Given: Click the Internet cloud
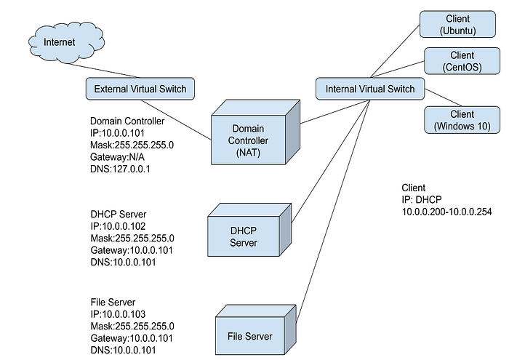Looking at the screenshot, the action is [67, 41].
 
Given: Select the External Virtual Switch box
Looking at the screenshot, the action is [140, 89].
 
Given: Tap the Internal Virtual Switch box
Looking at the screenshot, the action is [370, 89].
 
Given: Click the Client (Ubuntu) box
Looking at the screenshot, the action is [457, 24].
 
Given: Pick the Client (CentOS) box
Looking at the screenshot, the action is [462, 61].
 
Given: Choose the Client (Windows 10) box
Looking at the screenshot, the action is [462, 120].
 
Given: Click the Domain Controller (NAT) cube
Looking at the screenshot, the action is [255, 132].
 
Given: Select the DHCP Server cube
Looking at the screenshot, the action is [249, 230].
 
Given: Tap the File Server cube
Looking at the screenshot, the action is [256, 329].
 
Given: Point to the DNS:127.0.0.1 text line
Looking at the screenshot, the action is [120, 169].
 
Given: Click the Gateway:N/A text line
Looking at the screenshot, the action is [117, 157].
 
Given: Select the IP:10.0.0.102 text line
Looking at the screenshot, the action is [118, 226].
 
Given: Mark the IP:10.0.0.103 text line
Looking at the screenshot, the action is [118, 314].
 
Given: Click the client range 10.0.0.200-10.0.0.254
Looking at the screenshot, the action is [446, 212].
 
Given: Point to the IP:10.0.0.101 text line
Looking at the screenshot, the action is [117, 133].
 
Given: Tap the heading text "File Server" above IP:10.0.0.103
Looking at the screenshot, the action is [113, 303].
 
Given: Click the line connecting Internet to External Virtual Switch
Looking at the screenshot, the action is [102, 71].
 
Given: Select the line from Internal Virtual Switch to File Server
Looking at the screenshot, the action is [333, 211].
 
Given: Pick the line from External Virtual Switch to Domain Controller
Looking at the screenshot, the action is [176, 120].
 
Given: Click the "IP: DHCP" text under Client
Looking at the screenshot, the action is [422, 200].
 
